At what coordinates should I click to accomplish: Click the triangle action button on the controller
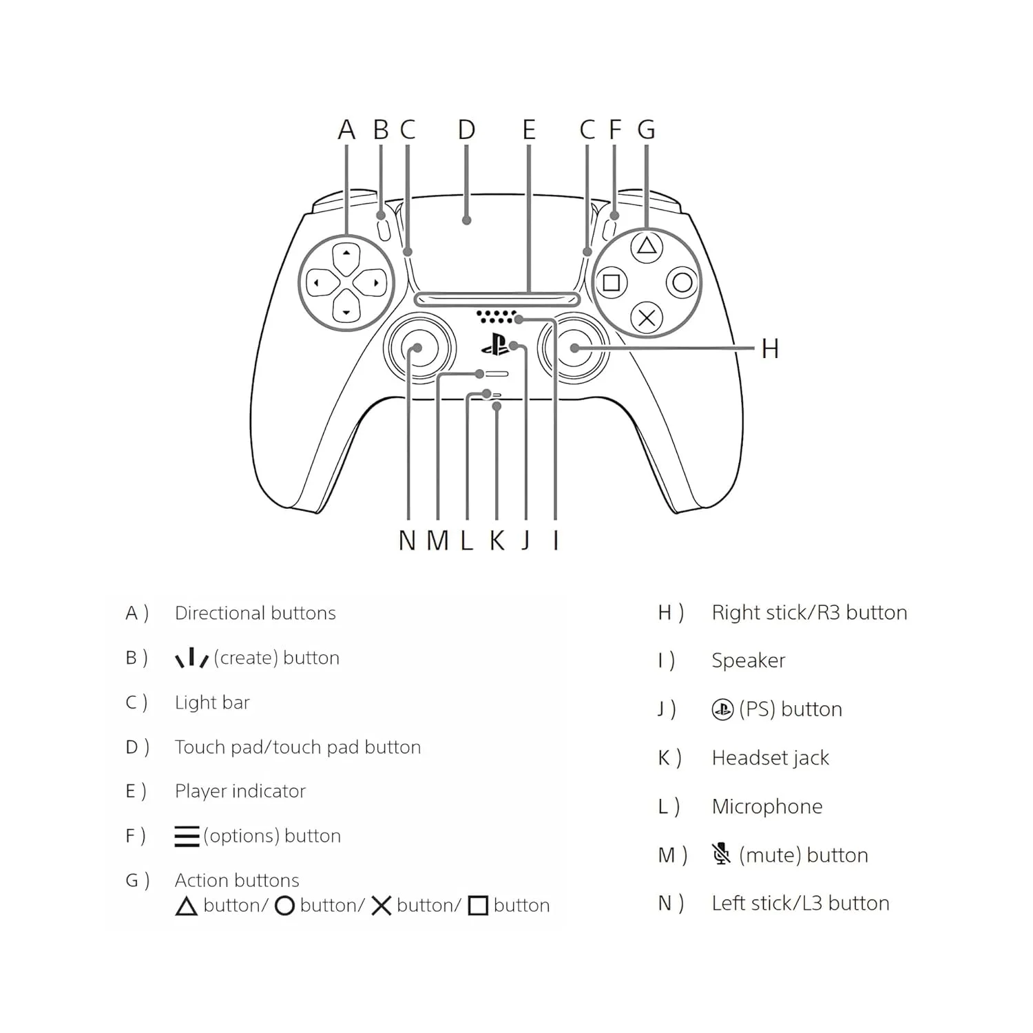[646, 246]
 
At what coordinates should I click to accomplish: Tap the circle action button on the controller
[682, 282]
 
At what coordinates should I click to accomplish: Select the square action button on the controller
[611, 282]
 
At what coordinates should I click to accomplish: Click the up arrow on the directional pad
[346, 253]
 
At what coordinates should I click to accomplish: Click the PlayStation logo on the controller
[495, 344]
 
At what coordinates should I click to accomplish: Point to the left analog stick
[419, 348]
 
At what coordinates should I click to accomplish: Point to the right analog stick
[573, 348]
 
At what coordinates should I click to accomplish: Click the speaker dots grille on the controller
[496, 316]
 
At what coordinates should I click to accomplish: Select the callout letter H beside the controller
[770, 348]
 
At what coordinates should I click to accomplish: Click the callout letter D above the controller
[466, 129]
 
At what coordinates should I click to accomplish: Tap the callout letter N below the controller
[407, 541]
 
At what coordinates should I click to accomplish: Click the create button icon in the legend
[191, 658]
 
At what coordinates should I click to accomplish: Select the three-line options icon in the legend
[187, 836]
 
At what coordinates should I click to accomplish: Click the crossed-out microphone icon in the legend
[721, 854]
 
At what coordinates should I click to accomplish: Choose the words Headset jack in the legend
[770, 758]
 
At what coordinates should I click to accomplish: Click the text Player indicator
[240, 791]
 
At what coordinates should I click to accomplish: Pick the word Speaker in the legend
[748, 660]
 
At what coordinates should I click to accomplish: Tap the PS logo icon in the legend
[722, 709]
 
